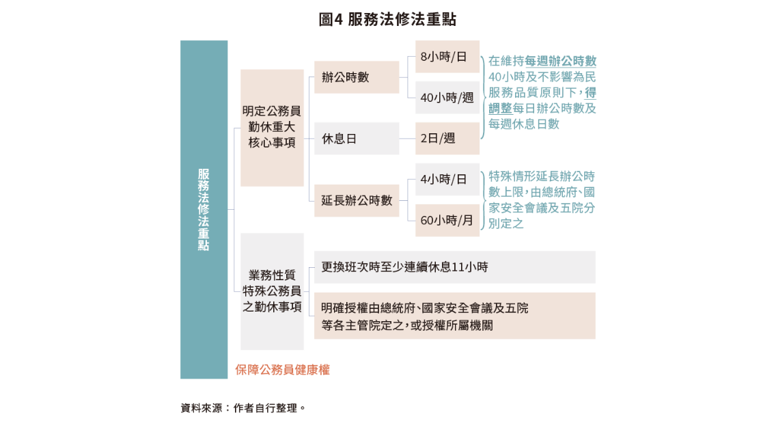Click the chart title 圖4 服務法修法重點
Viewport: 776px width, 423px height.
(387, 19)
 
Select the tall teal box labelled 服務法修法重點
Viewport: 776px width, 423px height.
(204, 209)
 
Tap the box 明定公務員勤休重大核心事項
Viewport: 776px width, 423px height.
(272, 128)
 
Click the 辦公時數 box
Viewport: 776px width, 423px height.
(356, 77)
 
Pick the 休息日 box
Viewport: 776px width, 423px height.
(356, 139)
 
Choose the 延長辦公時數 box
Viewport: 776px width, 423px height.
(356, 200)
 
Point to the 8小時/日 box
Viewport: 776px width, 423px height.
(447, 57)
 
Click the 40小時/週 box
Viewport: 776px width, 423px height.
(447, 98)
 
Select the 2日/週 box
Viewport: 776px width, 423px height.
(447, 139)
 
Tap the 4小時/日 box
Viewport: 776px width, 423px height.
(447, 179)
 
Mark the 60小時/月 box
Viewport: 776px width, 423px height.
(447, 220)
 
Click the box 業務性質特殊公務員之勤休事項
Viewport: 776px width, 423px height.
(272, 291)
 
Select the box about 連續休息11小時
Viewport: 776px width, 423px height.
(454, 267)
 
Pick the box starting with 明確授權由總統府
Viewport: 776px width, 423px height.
(454, 316)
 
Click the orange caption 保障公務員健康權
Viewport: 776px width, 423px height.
(282, 370)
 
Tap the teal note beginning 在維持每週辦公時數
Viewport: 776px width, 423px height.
(542, 93)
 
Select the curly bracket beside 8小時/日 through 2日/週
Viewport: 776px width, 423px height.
(483, 98)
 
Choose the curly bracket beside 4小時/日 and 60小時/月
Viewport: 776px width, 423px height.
(483, 200)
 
